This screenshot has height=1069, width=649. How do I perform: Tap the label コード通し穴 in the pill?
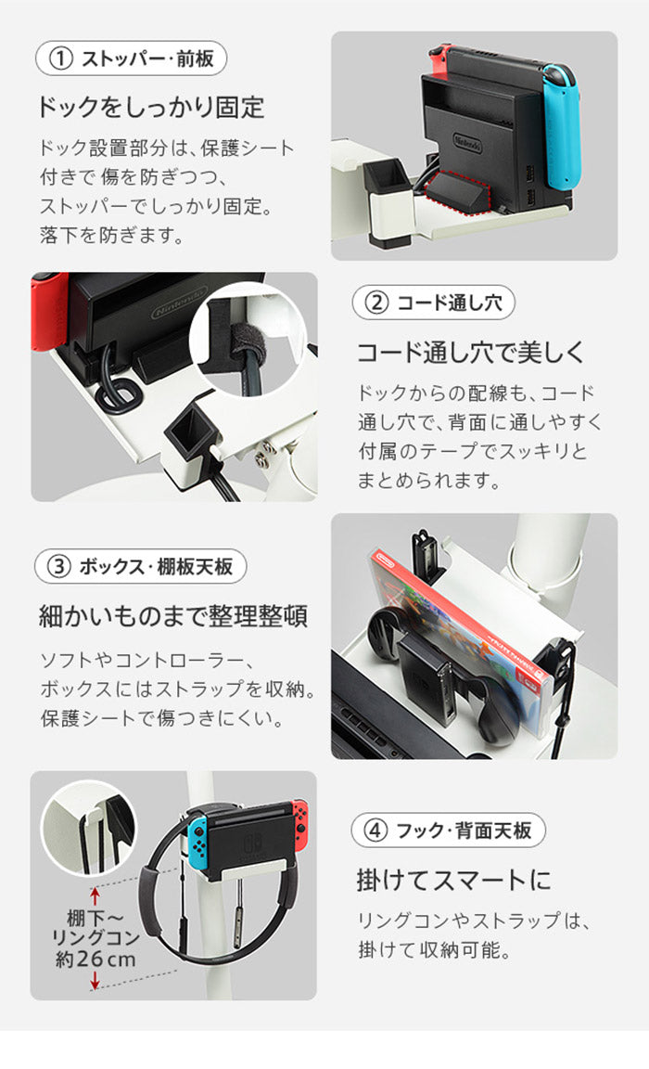(x=445, y=303)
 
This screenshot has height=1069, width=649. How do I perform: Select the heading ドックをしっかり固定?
(x=151, y=108)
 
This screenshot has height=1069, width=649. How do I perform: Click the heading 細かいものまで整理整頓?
(x=172, y=615)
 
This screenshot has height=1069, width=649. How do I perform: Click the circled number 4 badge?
(x=376, y=831)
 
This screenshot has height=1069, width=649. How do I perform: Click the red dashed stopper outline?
(x=457, y=191)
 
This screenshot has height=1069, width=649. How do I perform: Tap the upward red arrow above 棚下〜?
(x=94, y=894)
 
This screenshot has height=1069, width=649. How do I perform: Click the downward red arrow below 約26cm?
(x=94, y=983)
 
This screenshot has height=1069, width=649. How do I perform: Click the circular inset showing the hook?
(x=89, y=826)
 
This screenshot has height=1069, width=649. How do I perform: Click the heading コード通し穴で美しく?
(x=471, y=353)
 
